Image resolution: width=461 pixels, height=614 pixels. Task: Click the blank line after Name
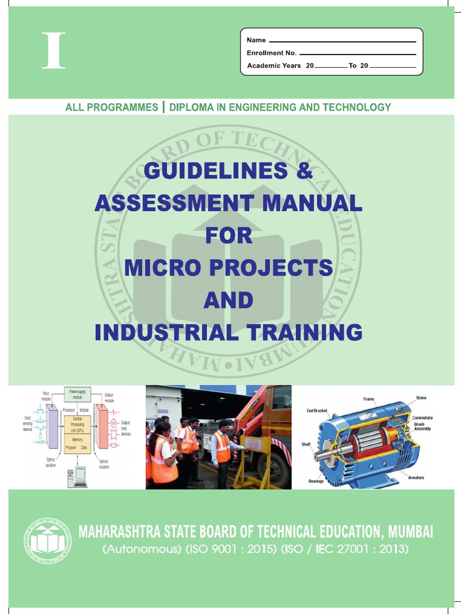pyautogui.click(x=342, y=41)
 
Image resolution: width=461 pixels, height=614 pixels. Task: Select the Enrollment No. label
pyautogui.click(x=271, y=53)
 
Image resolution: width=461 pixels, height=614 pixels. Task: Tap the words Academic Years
pyautogui.click(x=274, y=65)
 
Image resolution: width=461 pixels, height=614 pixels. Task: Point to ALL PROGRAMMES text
pyautogui.click(x=112, y=107)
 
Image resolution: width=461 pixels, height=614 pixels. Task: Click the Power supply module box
pyautogui.click(x=77, y=394)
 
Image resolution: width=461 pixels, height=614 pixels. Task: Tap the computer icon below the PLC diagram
pyautogui.click(x=77, y=477)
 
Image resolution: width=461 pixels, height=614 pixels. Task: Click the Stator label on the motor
pyautogui.click(x=421, y=398)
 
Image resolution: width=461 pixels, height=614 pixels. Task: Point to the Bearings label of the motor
pyautogui.click(x=316, y=481)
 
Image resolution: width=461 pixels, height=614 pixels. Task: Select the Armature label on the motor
pyautogui.click(x=416, y=477)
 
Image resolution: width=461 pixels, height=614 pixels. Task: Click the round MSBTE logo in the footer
pyautogui.click(x=47, y=540)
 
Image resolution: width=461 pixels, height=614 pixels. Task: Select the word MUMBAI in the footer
pyautogui.click(x=410, y=531)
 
